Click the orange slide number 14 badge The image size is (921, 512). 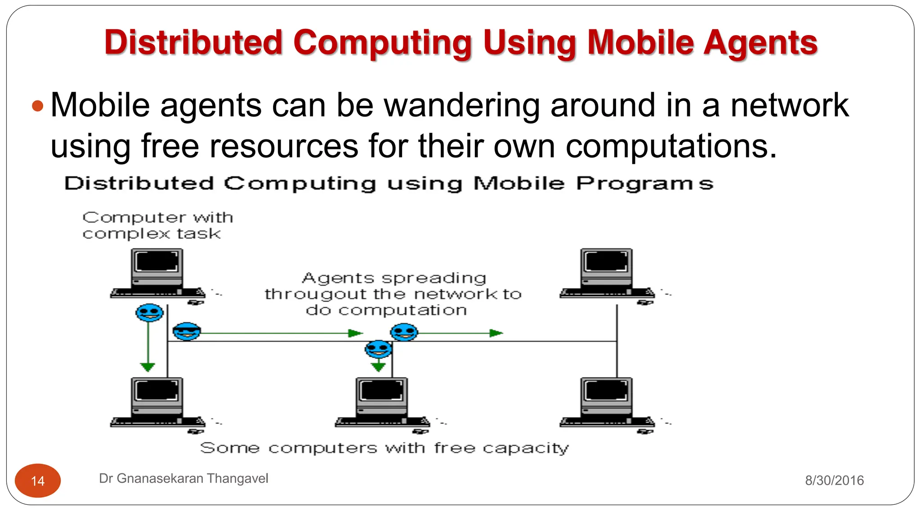pos(38,481)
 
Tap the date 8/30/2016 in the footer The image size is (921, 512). pos(834,481)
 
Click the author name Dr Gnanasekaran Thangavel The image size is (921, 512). pos(183,478)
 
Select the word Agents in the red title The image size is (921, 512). pos(760,43)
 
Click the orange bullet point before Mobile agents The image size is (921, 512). pos(38,106)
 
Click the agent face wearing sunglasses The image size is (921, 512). pos(187,332)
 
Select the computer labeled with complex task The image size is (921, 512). pos(157,274)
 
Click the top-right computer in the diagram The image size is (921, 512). pos(607,274)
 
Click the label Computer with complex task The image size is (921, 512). pos(157,225)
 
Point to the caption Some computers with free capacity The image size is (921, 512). pos(384,448)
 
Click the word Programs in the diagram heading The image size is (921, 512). pos(645,184)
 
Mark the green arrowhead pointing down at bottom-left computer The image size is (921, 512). pos(148,367)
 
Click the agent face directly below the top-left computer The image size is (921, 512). pos(149,312)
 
